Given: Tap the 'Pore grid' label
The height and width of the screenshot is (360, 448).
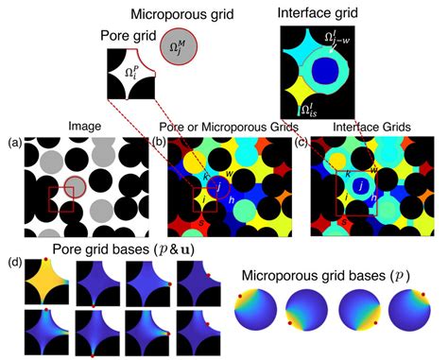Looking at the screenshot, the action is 128,36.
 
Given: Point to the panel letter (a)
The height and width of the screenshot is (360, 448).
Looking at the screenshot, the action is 13,142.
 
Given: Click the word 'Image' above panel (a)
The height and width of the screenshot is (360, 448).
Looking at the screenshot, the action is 84,128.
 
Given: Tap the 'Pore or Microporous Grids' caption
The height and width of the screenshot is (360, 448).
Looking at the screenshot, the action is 224,128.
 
